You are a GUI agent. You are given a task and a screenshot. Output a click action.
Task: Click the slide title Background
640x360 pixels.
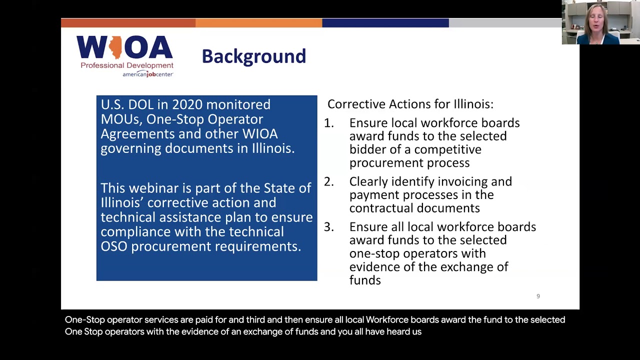tap(253, 56)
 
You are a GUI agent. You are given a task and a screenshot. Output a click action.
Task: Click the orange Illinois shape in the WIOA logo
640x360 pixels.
tap(115, 47)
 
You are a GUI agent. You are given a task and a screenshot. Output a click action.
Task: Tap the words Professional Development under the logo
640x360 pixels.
tap(127, 65)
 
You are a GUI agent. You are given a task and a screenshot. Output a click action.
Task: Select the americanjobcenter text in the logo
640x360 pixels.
tap(147, 74)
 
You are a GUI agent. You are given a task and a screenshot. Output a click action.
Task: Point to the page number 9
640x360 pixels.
tap(538, 296)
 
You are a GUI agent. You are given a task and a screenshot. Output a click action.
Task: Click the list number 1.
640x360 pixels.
tap(328, 123)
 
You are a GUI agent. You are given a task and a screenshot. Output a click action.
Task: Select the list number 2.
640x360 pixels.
tap(328, 181)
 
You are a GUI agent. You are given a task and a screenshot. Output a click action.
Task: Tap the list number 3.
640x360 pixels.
tap(328, 227)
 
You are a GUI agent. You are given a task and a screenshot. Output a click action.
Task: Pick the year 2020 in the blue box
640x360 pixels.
tap(187, 104)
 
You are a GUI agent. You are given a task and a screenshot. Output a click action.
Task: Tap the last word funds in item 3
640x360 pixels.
tap(365, 280)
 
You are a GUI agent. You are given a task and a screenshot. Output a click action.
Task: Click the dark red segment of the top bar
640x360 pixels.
tap(128, 23)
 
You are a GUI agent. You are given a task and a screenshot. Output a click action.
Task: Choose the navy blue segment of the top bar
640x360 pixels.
tap(385, 23)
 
